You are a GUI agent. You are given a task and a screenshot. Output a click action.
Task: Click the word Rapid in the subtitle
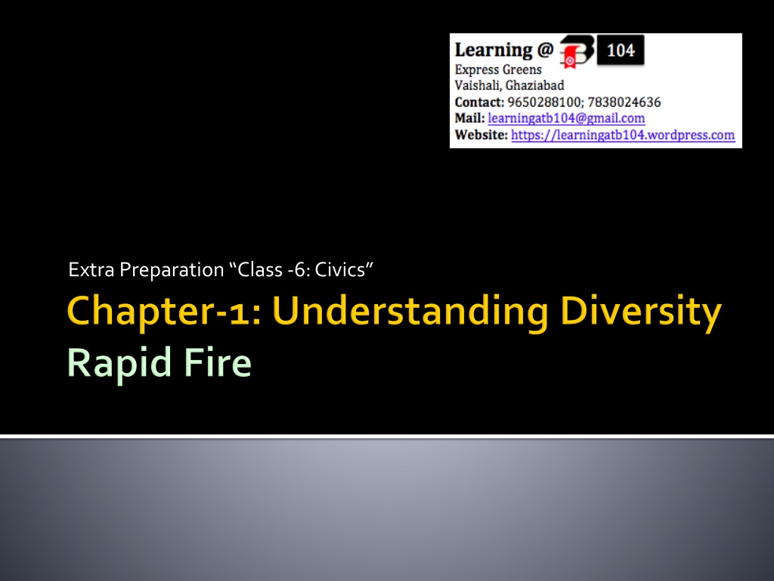tap(119, 363)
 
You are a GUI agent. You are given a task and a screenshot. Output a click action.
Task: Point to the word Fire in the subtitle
tap(217, 363)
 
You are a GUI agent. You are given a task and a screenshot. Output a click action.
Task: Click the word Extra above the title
tap(91, 270)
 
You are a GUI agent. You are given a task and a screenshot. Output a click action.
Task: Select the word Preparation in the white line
tap(172, 271)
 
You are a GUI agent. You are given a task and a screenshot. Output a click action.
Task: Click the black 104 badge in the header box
tap(621, 50)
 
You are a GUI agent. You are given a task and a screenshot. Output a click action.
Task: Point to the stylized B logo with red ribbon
tap(575, 51)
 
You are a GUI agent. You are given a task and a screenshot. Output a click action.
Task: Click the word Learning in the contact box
tap(494, 50)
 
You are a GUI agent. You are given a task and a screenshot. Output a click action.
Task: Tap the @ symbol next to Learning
tap(546, 49)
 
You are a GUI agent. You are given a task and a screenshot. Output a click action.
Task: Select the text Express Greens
tap(498, 70)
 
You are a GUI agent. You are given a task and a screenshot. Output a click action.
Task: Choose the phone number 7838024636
tap(624, 102)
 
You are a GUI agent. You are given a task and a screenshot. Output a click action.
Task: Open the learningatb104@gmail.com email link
tap(566, 119)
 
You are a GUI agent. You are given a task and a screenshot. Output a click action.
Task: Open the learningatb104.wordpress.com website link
tap(623, 135)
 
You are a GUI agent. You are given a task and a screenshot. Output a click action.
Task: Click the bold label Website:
tap(481, 135)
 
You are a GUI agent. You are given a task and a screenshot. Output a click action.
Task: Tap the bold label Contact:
tap(479, 102)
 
